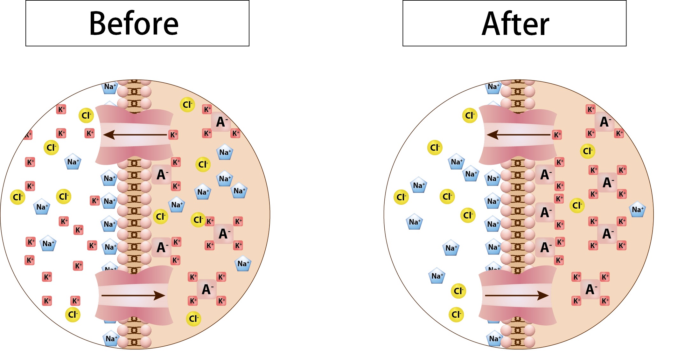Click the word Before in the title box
134,24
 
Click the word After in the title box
515,24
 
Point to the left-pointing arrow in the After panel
518,135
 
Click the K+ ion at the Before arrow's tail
173,135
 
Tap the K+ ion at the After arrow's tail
557,135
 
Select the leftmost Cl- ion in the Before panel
17,197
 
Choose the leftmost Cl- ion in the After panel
401,197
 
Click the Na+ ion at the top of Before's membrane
110,87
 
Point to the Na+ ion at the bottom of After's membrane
494,339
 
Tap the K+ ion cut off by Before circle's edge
28,135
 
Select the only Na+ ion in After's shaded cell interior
637,210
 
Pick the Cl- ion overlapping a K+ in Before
198,220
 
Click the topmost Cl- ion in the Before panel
187,105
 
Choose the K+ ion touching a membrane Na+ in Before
95,201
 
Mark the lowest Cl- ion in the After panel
456,315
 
